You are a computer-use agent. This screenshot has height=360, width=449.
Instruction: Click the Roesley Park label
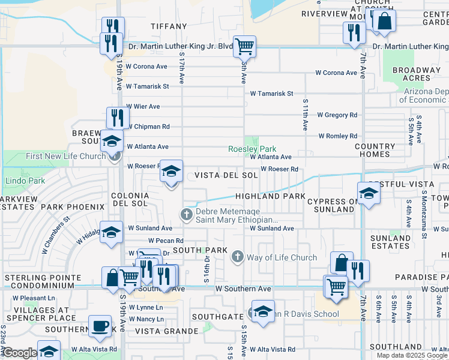pyautogui.click(x=252, y=149)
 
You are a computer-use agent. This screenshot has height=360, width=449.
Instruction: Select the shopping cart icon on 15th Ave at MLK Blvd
pyautogui.click(x=244, y=46)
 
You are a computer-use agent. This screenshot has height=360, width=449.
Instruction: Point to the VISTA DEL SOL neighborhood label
pyautogui.click(x=226, y=176)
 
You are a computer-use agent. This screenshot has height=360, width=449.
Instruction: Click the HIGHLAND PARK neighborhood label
pyautogui.click(x=270, y=196)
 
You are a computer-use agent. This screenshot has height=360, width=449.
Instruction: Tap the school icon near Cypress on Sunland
pyautogui.click(x=368, y=193)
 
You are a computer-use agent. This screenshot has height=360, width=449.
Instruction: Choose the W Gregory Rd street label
pyautogui.click(x=337, y=115)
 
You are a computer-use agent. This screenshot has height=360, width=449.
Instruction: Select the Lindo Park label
pyautogui.click(x=25, y=181)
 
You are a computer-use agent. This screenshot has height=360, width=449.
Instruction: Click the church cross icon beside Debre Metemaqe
pyautogui.click(x=187, y=214)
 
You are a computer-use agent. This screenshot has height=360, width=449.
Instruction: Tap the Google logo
pyautogui.click(x=19, y=353)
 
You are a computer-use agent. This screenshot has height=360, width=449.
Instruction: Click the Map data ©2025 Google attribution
pyautogui.click(x=412, y=355)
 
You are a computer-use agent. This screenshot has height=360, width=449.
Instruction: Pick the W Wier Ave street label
pyautogui.click(x=143, y=106)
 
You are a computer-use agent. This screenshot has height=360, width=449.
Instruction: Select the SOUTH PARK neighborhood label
pyautogui.click(x=200, y=250)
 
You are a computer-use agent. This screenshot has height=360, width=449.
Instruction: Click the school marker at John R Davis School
pyautogui.click(x=262, y=312)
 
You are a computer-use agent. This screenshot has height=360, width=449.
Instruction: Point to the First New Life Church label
pyautogui.click(x=66, y=157)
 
